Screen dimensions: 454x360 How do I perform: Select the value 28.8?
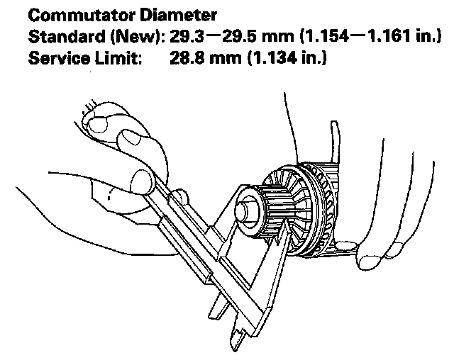[x=186, y=60]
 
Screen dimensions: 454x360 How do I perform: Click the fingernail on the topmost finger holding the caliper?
[x=97, y=125]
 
